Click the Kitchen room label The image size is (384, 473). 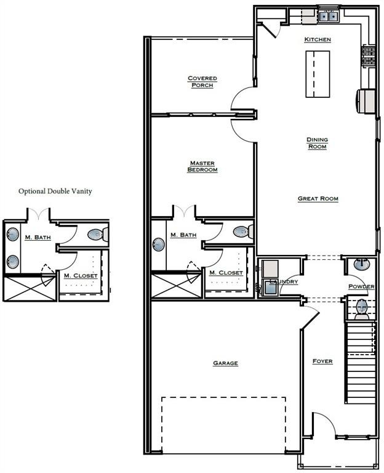pos(318,39)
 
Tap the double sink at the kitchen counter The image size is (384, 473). pos(328,15)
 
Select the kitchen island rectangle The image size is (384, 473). pos(318,74)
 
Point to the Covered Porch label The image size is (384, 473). pos(202,81)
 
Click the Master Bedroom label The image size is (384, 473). pos(202,166)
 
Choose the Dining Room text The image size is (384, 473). pos(317,143)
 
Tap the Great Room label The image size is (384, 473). pos(318,198)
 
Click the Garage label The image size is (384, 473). pos(225,363)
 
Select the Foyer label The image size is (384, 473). pos(322,361)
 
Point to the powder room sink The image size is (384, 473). pos(362,265)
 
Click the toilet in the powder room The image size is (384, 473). pos(361,309)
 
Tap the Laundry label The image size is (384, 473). pos(284,281)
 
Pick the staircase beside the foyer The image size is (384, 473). pos(360,363)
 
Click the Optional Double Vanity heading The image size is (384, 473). pos(55,192)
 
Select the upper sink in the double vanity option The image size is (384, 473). pos(13,234)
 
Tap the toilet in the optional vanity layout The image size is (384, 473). pos(98,234)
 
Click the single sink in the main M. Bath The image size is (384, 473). pos(159,244)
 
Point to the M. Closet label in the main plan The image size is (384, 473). pos(226,273)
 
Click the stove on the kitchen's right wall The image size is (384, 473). pos(369,55)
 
